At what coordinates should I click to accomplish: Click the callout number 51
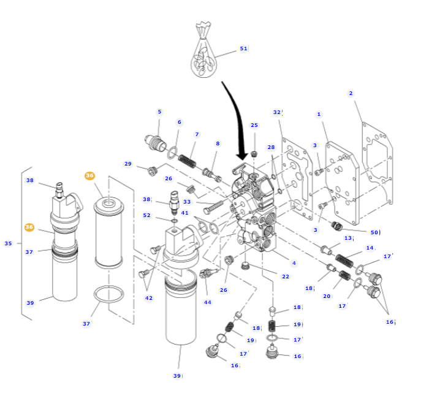pos(243,48)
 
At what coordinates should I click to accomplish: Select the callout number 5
pos(159,112)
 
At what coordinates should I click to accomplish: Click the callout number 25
pos(254,125)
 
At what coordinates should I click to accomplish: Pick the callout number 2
pos(351,93)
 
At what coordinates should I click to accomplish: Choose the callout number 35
pos(8,243)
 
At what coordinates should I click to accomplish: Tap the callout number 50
pos(374,232)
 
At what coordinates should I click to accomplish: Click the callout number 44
pos(207,302)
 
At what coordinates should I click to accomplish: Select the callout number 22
pos(285,277)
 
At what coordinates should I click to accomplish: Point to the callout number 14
pos(370,248)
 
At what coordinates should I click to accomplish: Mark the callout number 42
pos(148,298)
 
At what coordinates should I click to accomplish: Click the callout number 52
pos(146,215)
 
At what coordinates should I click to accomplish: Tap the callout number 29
pos(127,164)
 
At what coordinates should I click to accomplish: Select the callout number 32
pos(276,112)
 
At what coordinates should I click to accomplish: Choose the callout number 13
pos(347,238)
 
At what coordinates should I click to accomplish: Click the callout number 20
pos(327,296)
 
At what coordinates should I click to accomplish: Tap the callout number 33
pos(187,202)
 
